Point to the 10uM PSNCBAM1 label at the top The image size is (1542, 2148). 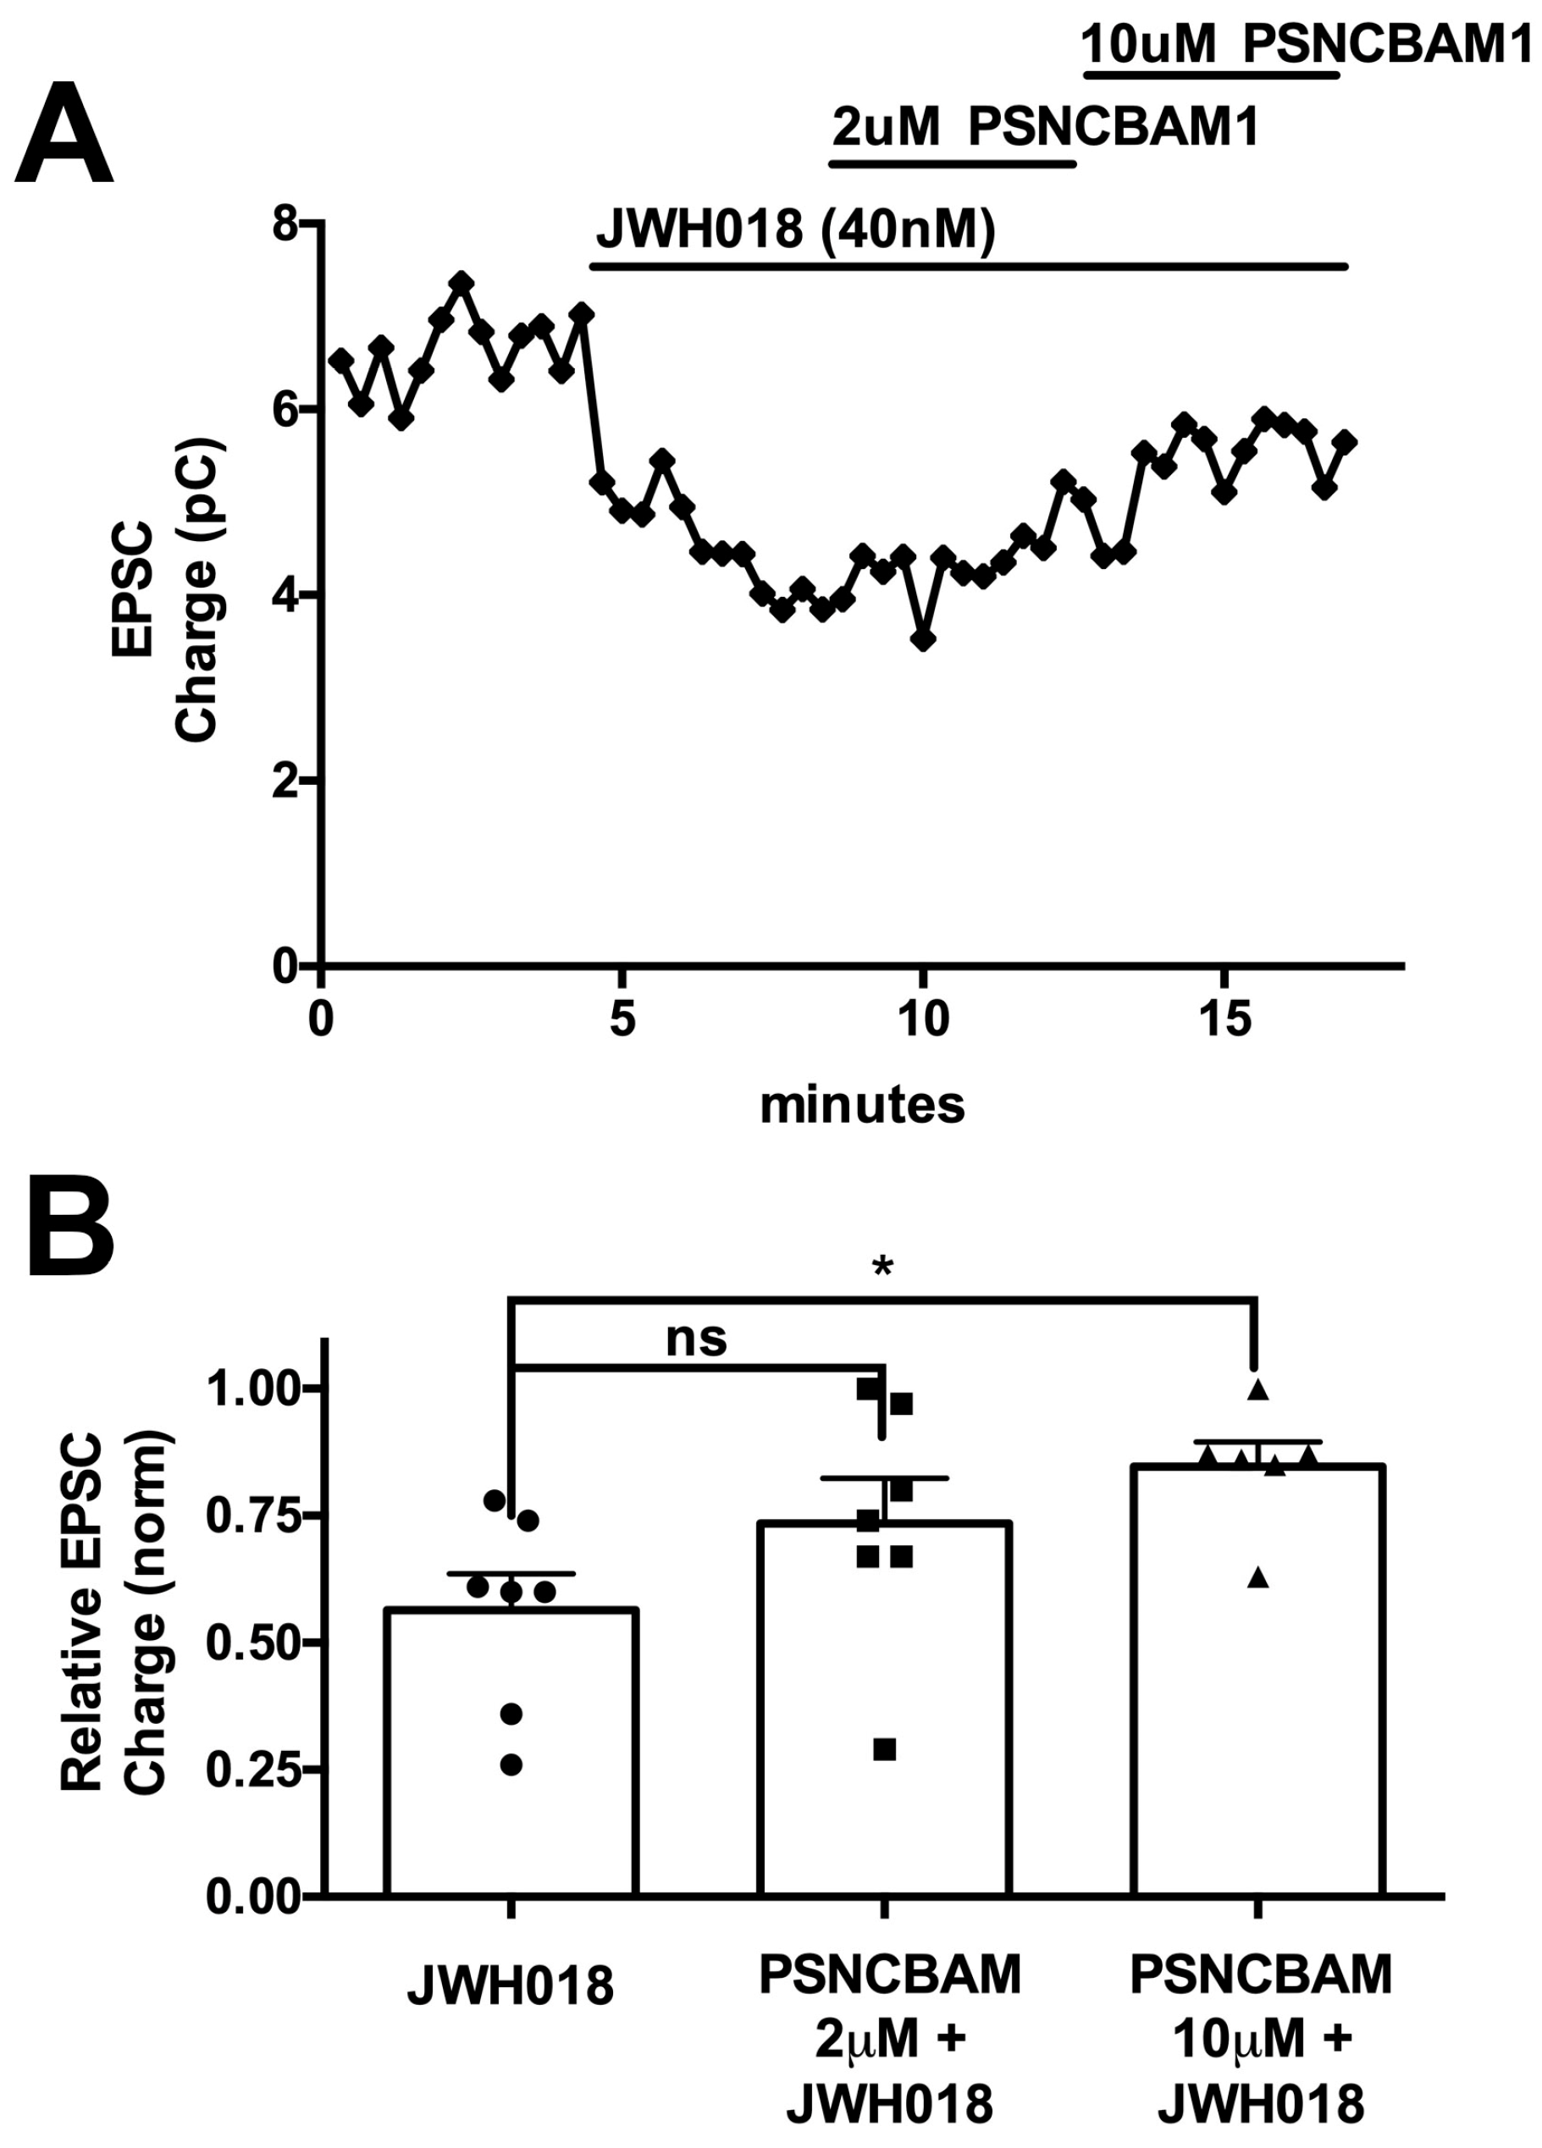pos(1307,45)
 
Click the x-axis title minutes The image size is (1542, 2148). pos(862,1104)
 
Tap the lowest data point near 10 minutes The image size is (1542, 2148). pos(925,640)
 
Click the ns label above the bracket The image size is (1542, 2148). pos(696,1339)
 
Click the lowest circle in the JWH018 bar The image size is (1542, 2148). pos(511,1764)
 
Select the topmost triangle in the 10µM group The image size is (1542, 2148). pos(1257,1390)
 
